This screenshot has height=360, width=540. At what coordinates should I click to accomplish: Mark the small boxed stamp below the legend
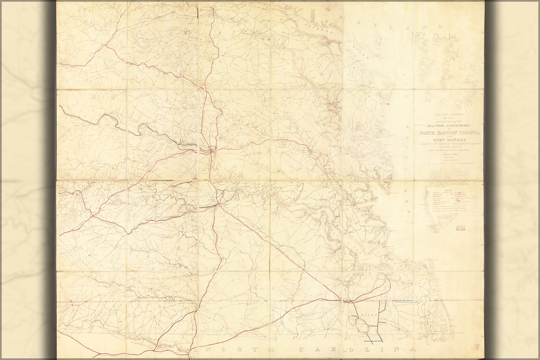[460, 228]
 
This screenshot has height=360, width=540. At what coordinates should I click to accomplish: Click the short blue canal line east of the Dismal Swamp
[403, 303]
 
